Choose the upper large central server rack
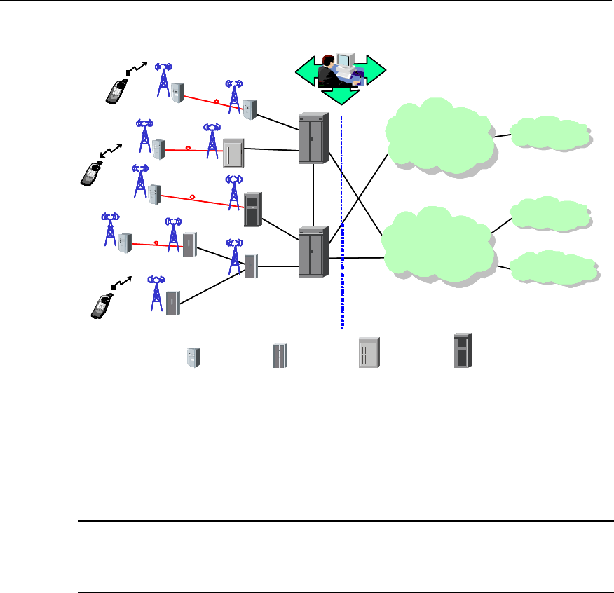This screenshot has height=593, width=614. click(313, 139)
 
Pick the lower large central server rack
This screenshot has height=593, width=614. click(313, 252)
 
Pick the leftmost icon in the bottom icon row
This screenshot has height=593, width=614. click(193, 357)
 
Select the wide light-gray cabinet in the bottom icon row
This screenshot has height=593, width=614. click(369, 353)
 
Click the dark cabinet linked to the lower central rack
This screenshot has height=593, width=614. click(252, 209)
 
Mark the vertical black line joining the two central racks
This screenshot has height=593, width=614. click(313, 195)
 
